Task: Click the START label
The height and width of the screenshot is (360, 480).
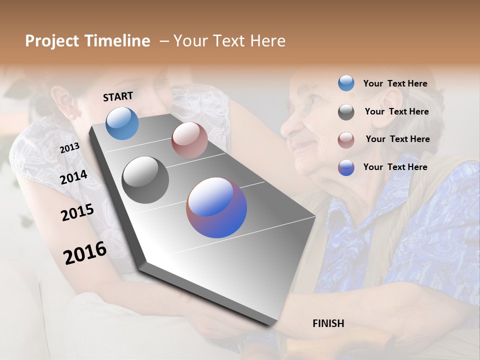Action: click(x=118, y=96)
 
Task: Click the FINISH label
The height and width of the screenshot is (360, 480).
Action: click(x=328, y=323)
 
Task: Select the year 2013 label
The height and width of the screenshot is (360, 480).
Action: click(x=69, y=148)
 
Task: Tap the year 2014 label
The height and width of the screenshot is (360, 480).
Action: click(x=73, y=177)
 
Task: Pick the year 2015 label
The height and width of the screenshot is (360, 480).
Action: click(x=77, y=212)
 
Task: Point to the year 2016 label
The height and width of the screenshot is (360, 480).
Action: click(x=85, y=252)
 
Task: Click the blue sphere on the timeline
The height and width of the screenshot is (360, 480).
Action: click(x=122, y=123)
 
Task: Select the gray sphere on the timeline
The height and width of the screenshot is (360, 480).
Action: click(x=145, y=180)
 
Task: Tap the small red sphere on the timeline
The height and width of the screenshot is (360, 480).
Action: click(x=189, y=140)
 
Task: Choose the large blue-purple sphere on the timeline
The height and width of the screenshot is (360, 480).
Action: click(x=216, y=207)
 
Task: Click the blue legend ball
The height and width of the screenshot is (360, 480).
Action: click(x=346, y=83)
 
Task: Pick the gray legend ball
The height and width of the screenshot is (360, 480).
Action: click(x=346, y=112)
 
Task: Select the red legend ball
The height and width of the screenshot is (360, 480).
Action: click(x=346, y=140)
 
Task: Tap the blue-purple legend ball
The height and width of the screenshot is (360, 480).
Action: click(x=346, y=167)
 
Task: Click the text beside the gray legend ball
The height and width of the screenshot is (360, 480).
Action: click(x=396, y=111)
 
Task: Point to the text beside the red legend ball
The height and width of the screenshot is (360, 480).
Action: click(x=397, y=139)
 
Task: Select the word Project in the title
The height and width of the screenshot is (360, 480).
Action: click(x=52, y=41)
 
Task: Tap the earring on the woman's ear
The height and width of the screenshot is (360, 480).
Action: click(x=71, y=117)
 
